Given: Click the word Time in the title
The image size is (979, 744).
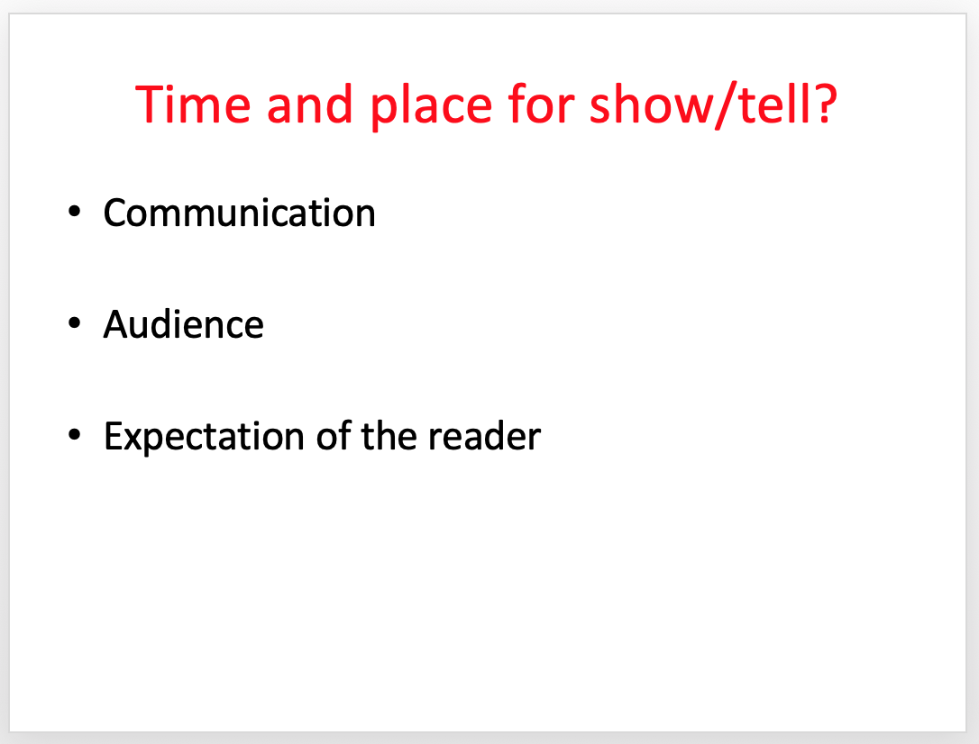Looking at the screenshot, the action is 193,104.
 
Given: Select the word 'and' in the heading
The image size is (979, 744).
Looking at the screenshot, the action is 309,104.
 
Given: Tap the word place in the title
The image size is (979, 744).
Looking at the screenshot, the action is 432,106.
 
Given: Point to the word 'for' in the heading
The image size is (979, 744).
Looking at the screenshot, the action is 541,104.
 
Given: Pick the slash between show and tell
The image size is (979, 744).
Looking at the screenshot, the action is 727,105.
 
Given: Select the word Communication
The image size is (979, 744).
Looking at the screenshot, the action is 240,213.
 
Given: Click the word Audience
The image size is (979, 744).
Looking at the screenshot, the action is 184,324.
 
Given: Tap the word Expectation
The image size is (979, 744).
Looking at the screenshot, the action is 205,437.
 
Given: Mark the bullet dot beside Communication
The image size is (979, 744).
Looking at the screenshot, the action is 74,212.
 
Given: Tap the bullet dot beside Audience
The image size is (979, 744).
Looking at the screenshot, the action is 74,323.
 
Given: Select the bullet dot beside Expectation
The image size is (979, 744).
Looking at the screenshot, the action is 74,435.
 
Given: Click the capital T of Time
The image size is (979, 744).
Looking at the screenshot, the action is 151,104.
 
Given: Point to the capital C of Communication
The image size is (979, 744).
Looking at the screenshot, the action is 117,213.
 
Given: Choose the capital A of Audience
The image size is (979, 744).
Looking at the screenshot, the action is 118,324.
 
